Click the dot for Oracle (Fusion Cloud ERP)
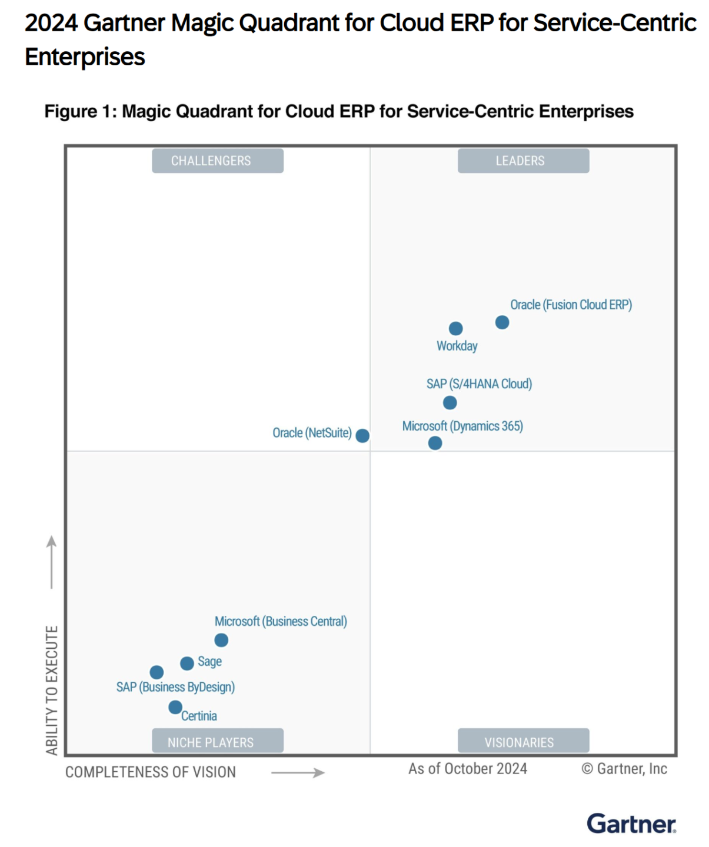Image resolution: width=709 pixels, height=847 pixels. [x=502, y=322]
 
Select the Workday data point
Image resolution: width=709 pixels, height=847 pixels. [x=455, y=329]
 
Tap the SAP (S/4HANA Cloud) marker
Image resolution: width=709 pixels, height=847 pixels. [x=450, y=403]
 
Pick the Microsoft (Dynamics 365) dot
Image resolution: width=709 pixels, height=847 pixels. [x=435, y=443]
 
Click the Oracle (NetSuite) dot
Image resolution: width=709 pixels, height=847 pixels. [x=362, y=436]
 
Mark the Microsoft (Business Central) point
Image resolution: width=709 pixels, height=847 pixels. [x=221, y=640]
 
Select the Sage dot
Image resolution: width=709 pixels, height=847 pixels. [x=187, y=663]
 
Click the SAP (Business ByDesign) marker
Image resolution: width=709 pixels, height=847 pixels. [x=157, y=672]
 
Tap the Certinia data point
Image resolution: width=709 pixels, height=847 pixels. [x=175, y=707]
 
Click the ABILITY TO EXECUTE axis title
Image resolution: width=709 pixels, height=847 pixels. [x=52, y=689]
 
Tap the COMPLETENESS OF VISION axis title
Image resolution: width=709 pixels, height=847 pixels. [x=151, y=772]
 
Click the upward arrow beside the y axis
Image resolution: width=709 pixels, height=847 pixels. [x=52, y=562]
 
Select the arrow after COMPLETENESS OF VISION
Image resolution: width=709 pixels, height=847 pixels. [x=298, y=773]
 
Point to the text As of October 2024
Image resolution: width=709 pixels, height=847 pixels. [x=468, y=769]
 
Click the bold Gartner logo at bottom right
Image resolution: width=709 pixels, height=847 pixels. [x=631, y=824]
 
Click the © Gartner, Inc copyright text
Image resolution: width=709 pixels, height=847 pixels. [x=624, y=769]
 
